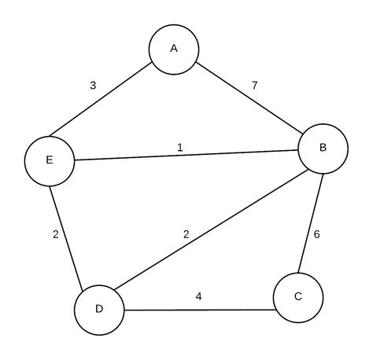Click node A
pyautogui.click(x=174, y=49)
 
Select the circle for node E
pyautogui.click(x=49, y=160)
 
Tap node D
pyautogui.click(x=99, y=308)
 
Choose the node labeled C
pyautogui.click(x=297, y=297)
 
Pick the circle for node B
pyautogui.click(x=323, y=148)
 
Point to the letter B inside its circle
pyautogui.click(x=323, y=148)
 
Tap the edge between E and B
pyautogui.click(x=186, y=155)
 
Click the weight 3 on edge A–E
pyautogui.click(x=93, y=85)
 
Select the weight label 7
pyautogui.click(x=254, y=83)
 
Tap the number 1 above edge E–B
pyautogui.click(x=179, y=146)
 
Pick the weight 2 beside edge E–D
pyautogui.click(x=56, y=233)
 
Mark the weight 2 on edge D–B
pyautogui.click(x=186, y=234)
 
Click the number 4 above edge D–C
pyautogui.click(x=198, y=297)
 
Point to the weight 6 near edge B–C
pyautogui.click(x=317, y=234)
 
